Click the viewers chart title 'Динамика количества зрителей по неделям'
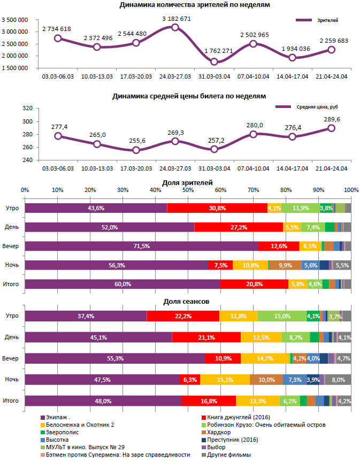coord(194,5)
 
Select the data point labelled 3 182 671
coord(175,27)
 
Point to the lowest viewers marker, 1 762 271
coord(214,62)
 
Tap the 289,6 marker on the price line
coord(331,128)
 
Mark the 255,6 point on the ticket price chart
coord(136,150)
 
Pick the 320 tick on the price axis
coord(28,108)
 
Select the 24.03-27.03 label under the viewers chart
coord(175,76)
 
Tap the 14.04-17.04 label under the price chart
coord(292,168)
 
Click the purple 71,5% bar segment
coord(142,246)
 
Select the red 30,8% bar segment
coord(217,208)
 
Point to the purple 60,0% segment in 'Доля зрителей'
coord(122,284)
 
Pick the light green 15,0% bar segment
coord(282,316)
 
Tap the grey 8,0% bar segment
coord(339,379)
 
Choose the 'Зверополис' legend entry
coord(64,432)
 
